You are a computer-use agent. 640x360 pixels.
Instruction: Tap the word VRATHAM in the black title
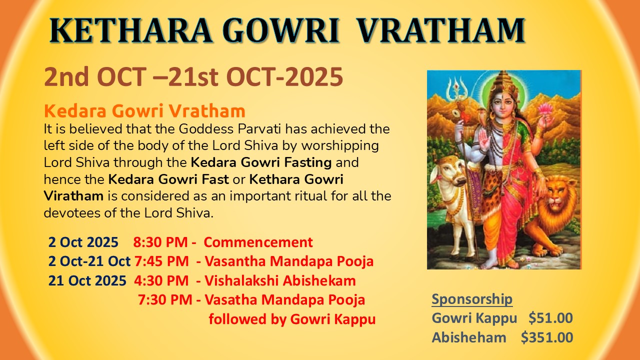point(441,31)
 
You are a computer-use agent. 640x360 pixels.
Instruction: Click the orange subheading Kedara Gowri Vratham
point(144,111)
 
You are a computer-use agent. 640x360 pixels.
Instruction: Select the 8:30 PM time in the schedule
point(160,242)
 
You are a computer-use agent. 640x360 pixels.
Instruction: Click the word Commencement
point(258,242)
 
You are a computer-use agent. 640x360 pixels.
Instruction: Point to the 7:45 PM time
point(161,261)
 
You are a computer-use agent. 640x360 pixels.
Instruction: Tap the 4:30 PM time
point(161,280)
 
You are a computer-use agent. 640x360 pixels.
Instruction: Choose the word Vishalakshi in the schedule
point(241,280)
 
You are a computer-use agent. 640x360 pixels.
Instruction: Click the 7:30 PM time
point(165,299)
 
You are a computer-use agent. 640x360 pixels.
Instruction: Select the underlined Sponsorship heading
point(472,299)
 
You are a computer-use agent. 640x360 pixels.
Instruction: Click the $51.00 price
point(550,318)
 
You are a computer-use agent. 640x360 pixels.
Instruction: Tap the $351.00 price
point(547,337)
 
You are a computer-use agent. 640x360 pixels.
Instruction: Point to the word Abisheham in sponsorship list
point(469,337)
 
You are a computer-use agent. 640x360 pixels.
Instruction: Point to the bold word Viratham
point(73,196)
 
